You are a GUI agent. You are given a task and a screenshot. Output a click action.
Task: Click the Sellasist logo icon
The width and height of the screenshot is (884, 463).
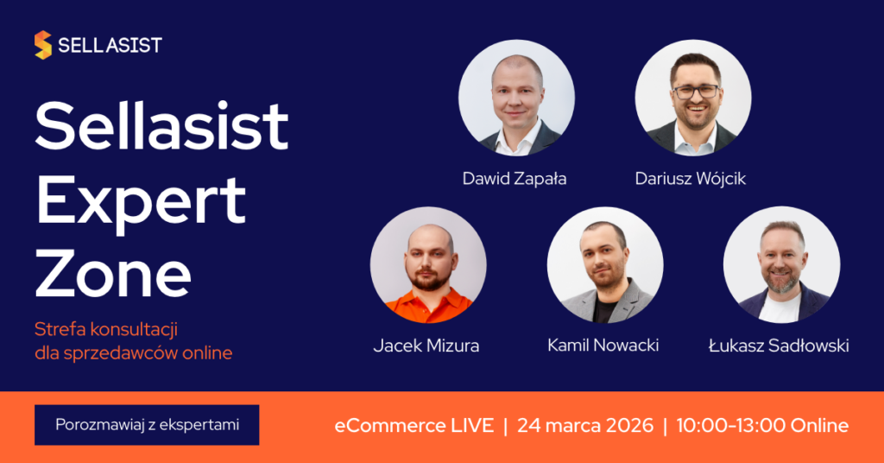click(43, 45)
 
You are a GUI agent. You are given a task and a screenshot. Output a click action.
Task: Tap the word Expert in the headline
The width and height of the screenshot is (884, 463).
click(141, 204)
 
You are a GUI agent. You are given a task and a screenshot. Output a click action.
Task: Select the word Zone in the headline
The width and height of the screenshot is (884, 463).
click(113, 274)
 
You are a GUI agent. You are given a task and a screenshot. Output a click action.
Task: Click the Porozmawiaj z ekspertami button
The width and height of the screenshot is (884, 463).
click(147, 425)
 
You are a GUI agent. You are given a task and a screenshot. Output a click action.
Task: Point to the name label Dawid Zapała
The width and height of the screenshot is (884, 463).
click(515, 179)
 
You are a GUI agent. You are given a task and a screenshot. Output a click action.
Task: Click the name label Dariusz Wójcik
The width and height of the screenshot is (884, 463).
click(690, 179)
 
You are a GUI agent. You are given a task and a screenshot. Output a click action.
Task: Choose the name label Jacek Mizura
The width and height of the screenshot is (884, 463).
click(426, 346)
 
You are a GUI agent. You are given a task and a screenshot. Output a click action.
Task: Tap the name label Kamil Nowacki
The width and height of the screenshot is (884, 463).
click(603, 346)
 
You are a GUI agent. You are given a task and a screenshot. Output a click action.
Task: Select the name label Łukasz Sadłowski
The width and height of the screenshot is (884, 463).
click(779, 346)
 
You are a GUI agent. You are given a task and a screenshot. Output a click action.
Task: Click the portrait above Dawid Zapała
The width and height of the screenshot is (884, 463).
click(516, 98)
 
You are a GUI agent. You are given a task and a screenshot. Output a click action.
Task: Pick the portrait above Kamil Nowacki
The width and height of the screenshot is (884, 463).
click(605, 265)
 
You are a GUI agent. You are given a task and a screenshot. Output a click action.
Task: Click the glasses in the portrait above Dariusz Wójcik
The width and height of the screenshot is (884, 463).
click(697, 92)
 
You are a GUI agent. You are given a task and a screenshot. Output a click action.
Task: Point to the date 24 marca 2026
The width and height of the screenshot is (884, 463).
click(585, 425)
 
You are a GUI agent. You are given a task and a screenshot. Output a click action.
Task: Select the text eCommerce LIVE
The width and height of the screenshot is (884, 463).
click(414, 425)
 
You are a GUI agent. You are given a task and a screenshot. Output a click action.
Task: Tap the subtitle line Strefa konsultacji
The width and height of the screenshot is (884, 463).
click(106, 329)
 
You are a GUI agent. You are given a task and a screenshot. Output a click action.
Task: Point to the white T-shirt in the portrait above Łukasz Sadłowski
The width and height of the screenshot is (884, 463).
click(780, 308)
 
